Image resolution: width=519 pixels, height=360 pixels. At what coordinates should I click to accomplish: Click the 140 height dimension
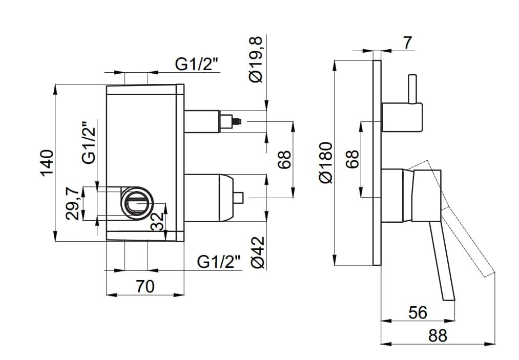tap(47, 162)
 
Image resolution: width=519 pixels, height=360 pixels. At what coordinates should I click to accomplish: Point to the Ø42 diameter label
tap(257, 251)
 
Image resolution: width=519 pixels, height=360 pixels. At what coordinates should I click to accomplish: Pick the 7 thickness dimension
tap(407, 43)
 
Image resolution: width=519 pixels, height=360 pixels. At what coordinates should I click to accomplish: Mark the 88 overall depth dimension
tap(438, 335)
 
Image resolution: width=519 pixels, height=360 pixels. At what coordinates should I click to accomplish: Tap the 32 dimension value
tap(158, 220)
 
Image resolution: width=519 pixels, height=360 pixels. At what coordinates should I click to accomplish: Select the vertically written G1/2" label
tap(89, 142)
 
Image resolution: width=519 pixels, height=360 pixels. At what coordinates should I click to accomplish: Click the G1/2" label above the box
tap(197, 65)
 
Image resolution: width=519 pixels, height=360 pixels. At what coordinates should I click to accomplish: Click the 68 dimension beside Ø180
tap(351, 159)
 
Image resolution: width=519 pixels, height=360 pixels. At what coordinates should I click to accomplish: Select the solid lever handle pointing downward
tap(441, 261)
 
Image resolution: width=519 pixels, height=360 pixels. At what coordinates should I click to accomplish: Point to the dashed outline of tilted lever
tap(466, 225)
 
